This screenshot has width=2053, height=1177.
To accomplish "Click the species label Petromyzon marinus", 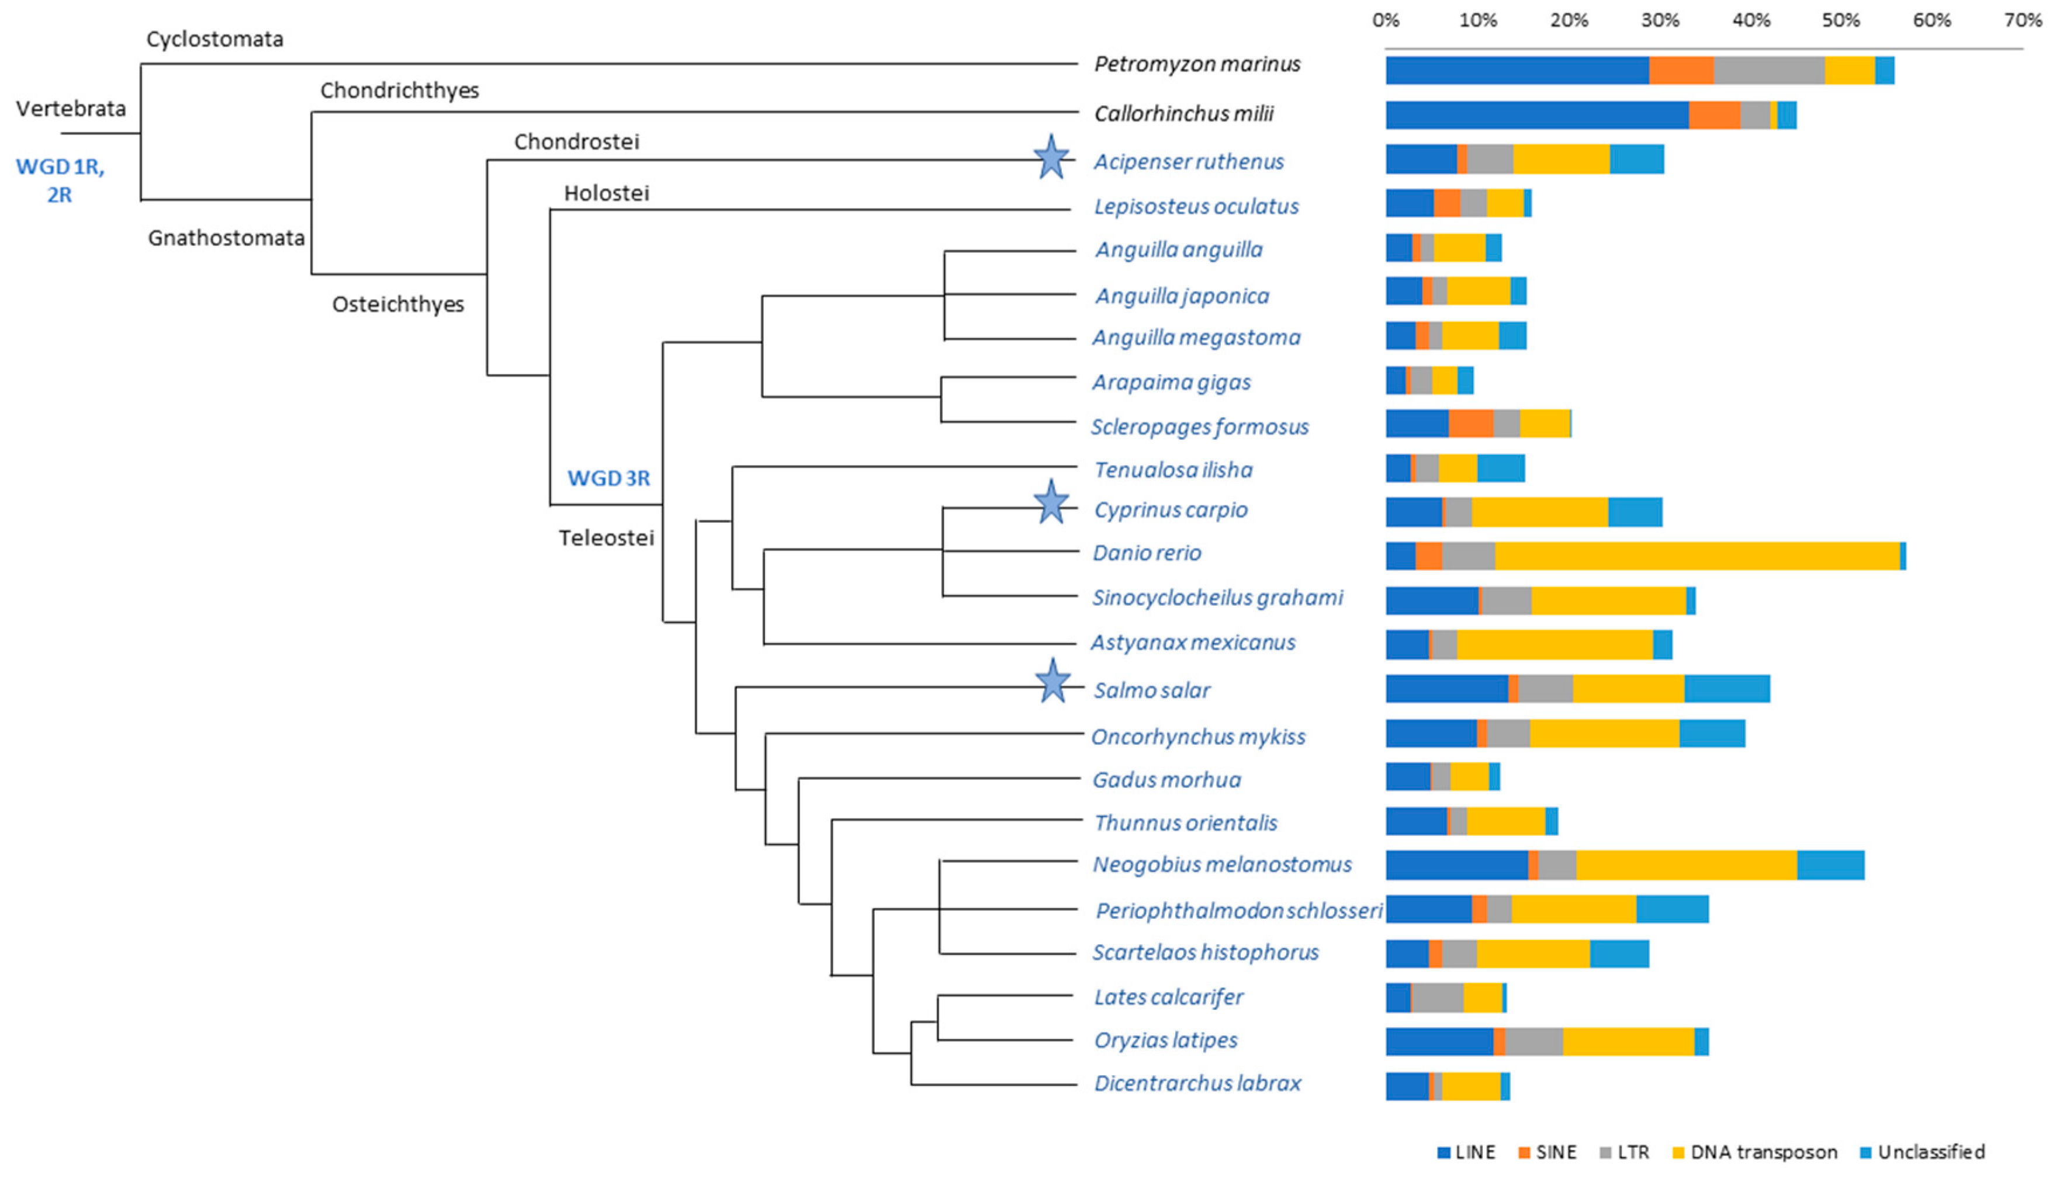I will point(1197,64).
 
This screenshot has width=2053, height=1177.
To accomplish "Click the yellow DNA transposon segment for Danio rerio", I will point(1697,556).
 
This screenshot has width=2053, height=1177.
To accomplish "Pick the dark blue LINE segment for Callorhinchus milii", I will point(1536,115).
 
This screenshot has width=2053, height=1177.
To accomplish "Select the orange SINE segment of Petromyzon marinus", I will point(1681,70).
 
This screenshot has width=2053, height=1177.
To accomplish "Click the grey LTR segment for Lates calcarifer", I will point(1437,998).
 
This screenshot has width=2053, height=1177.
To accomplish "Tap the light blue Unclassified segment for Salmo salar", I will point(1727,689).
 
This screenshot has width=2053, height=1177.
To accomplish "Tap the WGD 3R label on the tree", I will point(608,478).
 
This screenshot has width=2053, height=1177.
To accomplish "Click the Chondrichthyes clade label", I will point(400,91).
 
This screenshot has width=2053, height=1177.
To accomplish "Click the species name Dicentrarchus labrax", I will point(1197,1083).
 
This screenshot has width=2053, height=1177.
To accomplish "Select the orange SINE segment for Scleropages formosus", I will point(1470,423).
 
